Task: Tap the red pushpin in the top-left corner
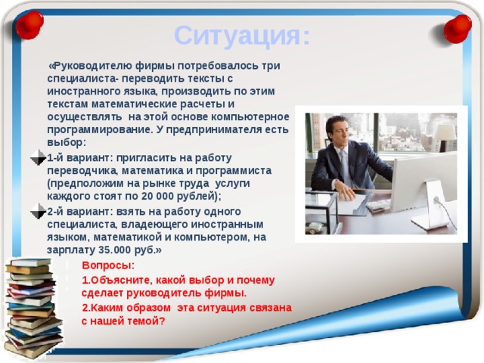tap(29, 26)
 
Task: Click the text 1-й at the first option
tap(57, 157)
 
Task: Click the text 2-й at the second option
tap(57, 211)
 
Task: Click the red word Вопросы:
tap(108, 265)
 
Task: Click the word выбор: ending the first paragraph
tap(67, 142)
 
